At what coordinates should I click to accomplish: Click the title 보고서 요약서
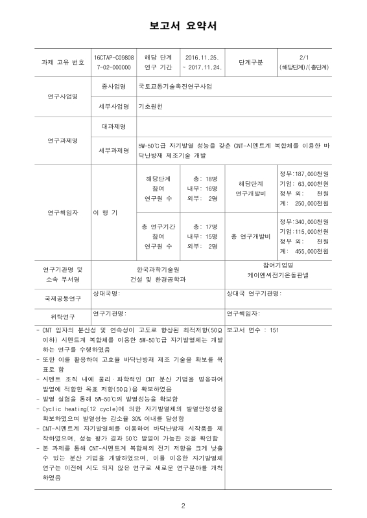coord(183,26)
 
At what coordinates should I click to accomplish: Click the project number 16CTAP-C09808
coord(114,58)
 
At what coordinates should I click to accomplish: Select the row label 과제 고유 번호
coord(62,62)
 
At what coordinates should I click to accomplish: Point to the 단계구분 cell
coord(250,62)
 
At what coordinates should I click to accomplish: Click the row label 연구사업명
coord(62,96)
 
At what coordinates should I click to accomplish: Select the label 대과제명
coord(114,126)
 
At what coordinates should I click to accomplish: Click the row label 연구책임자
coord(62,212)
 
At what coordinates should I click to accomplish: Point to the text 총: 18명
coord(201,179)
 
